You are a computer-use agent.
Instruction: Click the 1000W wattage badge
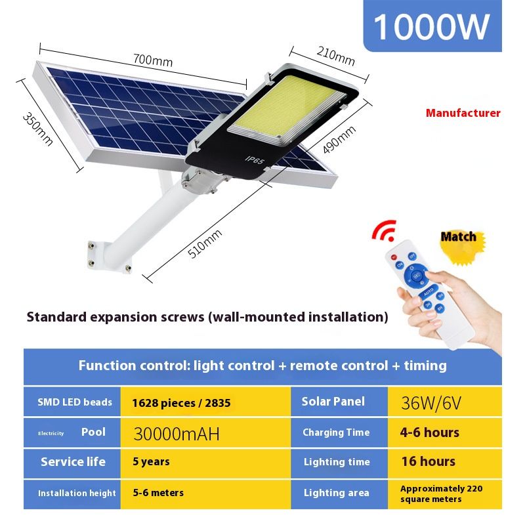coord(432,26)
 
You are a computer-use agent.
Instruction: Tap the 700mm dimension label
coord(153,60)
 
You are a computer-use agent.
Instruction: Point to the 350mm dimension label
coord(37,129)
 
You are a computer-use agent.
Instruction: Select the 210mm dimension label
coord(335,56)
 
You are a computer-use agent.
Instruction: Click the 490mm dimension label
coord(339,140)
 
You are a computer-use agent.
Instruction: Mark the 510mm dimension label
coord(204,243)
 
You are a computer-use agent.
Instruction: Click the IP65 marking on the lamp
coord(255,160)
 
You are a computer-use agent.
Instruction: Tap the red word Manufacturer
coord(463,113)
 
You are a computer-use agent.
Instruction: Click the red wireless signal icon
coord(385,230)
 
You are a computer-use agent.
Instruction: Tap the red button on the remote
coord(394,257)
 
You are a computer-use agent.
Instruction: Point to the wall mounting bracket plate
coord(109,256)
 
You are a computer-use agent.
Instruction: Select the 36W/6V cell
coord(445,402)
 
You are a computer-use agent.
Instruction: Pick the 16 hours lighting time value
coord(429,461)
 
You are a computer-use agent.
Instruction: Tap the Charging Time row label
coord(336,432)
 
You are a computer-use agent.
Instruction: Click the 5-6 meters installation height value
coord(158,493)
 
